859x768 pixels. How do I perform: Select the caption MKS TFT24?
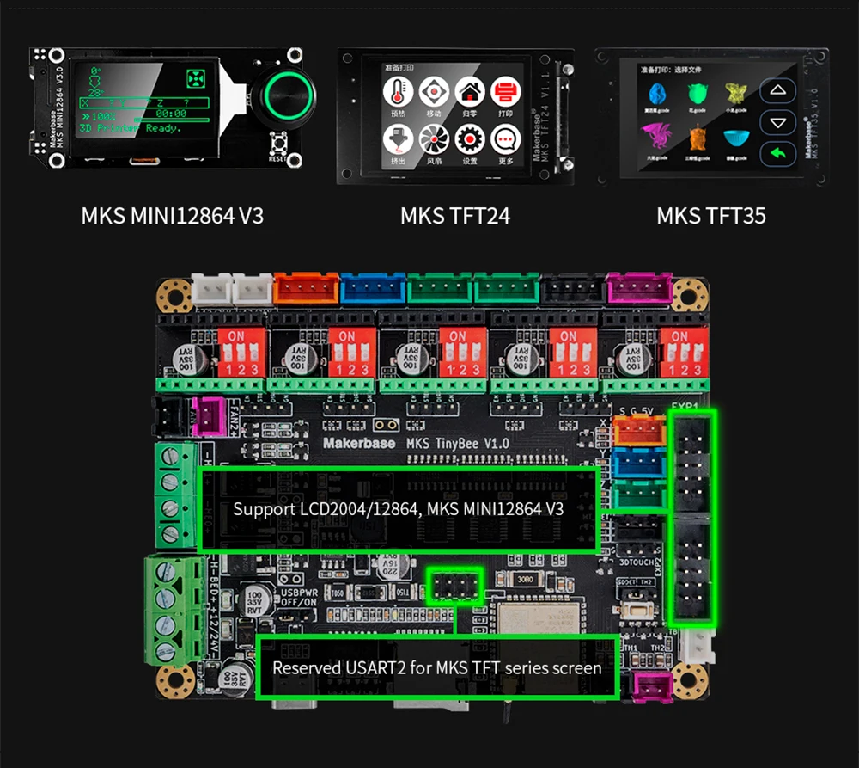454,215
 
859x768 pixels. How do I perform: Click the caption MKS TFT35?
710,215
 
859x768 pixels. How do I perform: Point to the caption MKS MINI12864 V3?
172,215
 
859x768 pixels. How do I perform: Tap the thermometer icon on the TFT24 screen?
397,90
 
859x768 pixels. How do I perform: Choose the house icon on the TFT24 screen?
469,90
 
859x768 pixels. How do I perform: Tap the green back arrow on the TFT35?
778,153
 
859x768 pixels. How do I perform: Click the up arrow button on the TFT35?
778,91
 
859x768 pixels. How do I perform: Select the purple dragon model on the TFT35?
656,135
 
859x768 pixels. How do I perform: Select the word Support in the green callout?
264,509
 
